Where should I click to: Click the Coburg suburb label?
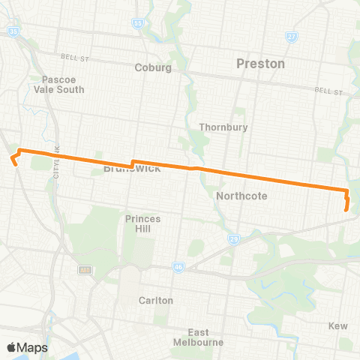click(x=153, y=67)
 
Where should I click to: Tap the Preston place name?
click(x=260, y=64)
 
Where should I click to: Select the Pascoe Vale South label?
click(x=63, y=84)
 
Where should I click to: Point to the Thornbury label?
click(x=223, y=127)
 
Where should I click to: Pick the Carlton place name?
click(x=155, y=300)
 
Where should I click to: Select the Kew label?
click(x=338, y=325)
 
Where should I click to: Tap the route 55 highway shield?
click(x=137, y=24)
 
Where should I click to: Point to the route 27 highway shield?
click(x=292, y=36)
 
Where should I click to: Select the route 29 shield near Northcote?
click(x=233, y=238)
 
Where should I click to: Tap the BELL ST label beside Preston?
click(x=328, y=91)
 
